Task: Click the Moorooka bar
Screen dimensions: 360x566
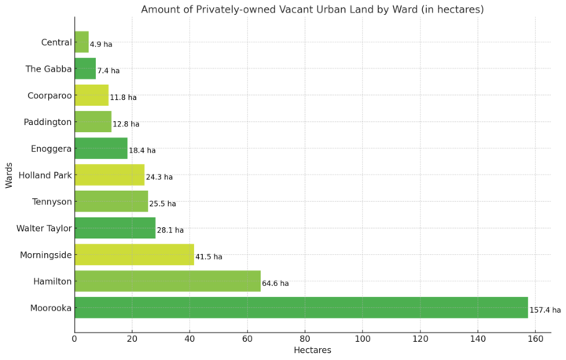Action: click(x=301, y=307)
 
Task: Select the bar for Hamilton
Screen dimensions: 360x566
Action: click(x=167, y=281)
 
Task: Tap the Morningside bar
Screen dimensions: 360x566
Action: click(x=134, y=255)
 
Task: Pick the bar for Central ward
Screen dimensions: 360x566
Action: click(x=82, y=42)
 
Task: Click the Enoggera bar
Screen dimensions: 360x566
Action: click(x=101, y=149)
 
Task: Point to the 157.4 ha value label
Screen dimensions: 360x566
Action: click(x=545, y=310)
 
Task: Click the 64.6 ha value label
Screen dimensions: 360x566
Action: click(x=275, y=284)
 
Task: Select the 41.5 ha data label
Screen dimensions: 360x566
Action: click(x=208, y=257)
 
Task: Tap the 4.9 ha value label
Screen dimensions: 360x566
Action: click(x=101, y=45)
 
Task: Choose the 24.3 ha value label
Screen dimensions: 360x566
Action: click(x=159, y=178)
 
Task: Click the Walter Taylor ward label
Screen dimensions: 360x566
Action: click(x=44, y=229)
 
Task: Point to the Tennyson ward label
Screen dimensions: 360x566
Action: click(x=52, y=202)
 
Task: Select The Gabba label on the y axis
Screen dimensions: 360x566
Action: click(x=49, y=69)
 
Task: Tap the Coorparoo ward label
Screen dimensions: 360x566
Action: click(x=50, y=96)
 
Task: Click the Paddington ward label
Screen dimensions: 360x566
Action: click(x=48, y=123)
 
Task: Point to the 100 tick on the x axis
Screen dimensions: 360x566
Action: click(x=362, y=339)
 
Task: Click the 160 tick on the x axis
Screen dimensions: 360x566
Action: click(x=535, y=339)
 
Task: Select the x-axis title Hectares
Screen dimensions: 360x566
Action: click(x=312, y=351)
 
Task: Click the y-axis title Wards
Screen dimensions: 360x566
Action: click(x=9, y=175)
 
